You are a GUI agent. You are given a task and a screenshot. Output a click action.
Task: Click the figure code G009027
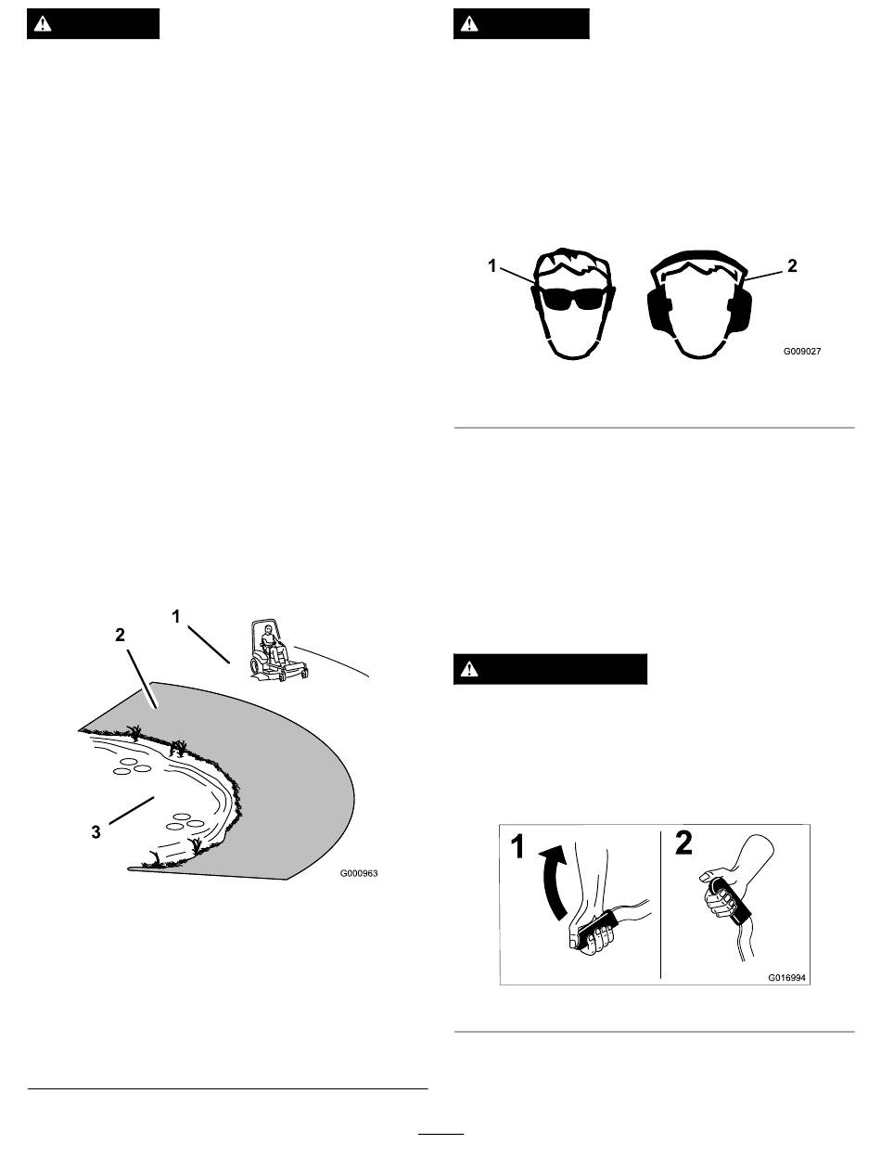801,352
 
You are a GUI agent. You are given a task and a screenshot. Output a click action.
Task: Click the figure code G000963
359,873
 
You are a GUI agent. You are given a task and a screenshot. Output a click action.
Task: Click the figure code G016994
786,978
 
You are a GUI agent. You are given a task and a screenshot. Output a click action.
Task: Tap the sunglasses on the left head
574,299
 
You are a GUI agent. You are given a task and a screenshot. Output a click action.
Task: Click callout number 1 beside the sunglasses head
492,266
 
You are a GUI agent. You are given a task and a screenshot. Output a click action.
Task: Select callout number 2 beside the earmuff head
791,266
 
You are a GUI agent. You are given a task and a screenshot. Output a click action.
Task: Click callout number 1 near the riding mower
176,616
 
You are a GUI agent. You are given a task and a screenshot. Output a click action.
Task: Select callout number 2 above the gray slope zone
121,636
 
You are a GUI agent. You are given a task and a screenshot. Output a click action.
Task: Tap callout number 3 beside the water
96,832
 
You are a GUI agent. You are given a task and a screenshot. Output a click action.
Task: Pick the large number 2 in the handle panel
683,843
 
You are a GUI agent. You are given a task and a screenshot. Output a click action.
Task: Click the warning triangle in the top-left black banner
43,24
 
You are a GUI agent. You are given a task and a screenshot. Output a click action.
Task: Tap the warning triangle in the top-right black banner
469,24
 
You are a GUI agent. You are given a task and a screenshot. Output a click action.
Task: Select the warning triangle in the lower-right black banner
469,670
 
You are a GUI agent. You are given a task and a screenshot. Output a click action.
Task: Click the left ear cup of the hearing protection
658,307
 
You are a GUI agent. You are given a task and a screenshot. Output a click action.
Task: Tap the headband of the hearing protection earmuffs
699,258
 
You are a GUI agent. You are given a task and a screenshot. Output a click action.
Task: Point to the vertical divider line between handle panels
661,905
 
